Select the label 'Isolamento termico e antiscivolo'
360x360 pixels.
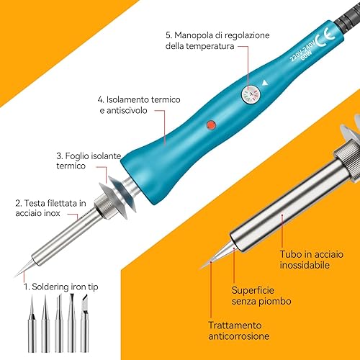pos(138,106)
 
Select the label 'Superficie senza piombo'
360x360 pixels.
pos(261,292)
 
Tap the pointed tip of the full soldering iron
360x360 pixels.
pos(19,270)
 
